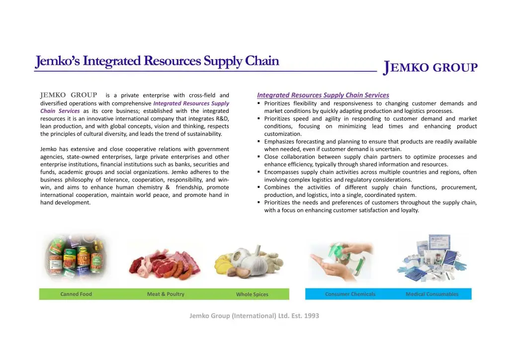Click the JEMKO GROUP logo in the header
(x=430, y=68)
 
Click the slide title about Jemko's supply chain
(x=157, y=61)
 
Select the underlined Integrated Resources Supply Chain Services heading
(x=323, y=95)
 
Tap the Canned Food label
(x=76, y=294)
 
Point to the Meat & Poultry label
(x=166, y=294)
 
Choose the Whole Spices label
(x=252, y=294)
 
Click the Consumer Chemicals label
(x=350, y=294)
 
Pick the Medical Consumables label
(x=432, y=294)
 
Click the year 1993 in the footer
(x=312, y=316)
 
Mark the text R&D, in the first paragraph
(x=222, y=118)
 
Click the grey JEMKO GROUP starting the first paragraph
(x=69, y=95)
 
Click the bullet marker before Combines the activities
(x=258, y=187)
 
